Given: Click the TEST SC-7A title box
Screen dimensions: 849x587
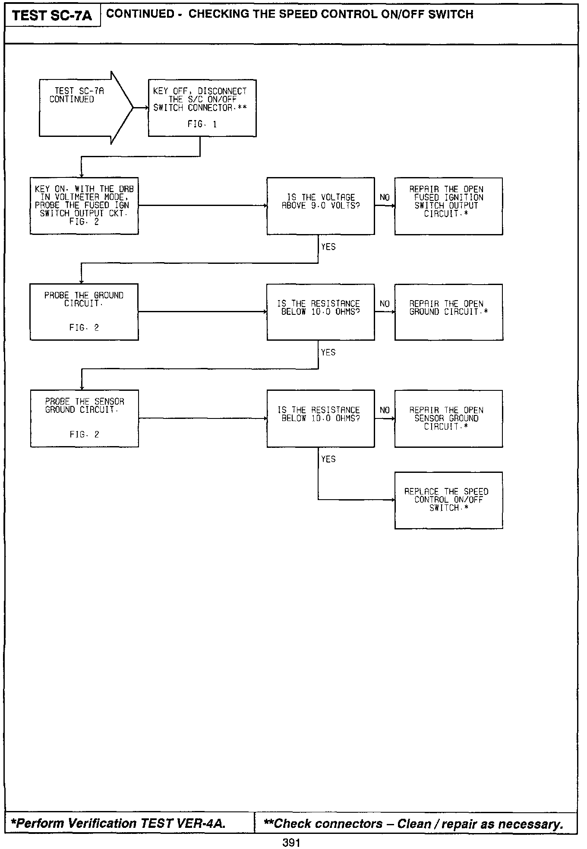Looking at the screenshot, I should click(x=52, y=16).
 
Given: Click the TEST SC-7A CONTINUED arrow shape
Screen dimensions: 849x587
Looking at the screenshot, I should click(x=82, y=108).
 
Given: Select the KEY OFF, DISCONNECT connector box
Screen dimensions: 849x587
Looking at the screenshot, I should click(x=202, y=108).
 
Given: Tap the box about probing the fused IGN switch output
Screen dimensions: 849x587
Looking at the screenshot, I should click(x=84, y=206).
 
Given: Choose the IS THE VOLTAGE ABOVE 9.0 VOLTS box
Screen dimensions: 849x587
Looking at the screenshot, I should click(x=320, y=206).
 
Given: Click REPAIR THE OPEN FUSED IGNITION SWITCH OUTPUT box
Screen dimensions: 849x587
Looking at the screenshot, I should click(x=448, y=206).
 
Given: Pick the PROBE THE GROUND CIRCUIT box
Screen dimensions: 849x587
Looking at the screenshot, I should click(x=84, y=311).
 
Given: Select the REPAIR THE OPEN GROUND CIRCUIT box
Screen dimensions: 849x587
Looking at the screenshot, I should click(x=448, y=311).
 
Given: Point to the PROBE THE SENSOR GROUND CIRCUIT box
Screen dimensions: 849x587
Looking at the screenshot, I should click(x=84, y=418).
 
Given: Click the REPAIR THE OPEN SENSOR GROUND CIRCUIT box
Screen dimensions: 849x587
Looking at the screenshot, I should click(x=448, y=418).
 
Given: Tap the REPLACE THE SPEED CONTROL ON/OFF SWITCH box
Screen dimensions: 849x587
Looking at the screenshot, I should click(x=448, y=500).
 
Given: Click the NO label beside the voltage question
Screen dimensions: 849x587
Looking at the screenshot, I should click(x=385, y=197).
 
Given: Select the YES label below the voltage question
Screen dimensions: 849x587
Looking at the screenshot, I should click(x=328, y=247).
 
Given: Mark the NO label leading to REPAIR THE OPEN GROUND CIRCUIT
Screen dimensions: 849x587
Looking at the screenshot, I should click(x=385, y=304).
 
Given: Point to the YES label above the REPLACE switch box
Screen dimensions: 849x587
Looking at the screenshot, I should click(x=328, y=459).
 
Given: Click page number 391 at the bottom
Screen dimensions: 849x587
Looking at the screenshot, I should click(x=291, y=842).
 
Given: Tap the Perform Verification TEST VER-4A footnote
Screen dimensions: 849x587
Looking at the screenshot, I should click(x=118, y=823).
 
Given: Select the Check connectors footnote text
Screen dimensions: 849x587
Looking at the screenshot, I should click(x=413, y=824).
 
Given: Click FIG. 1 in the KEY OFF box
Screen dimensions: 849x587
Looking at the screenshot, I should click(x=202, y=124).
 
